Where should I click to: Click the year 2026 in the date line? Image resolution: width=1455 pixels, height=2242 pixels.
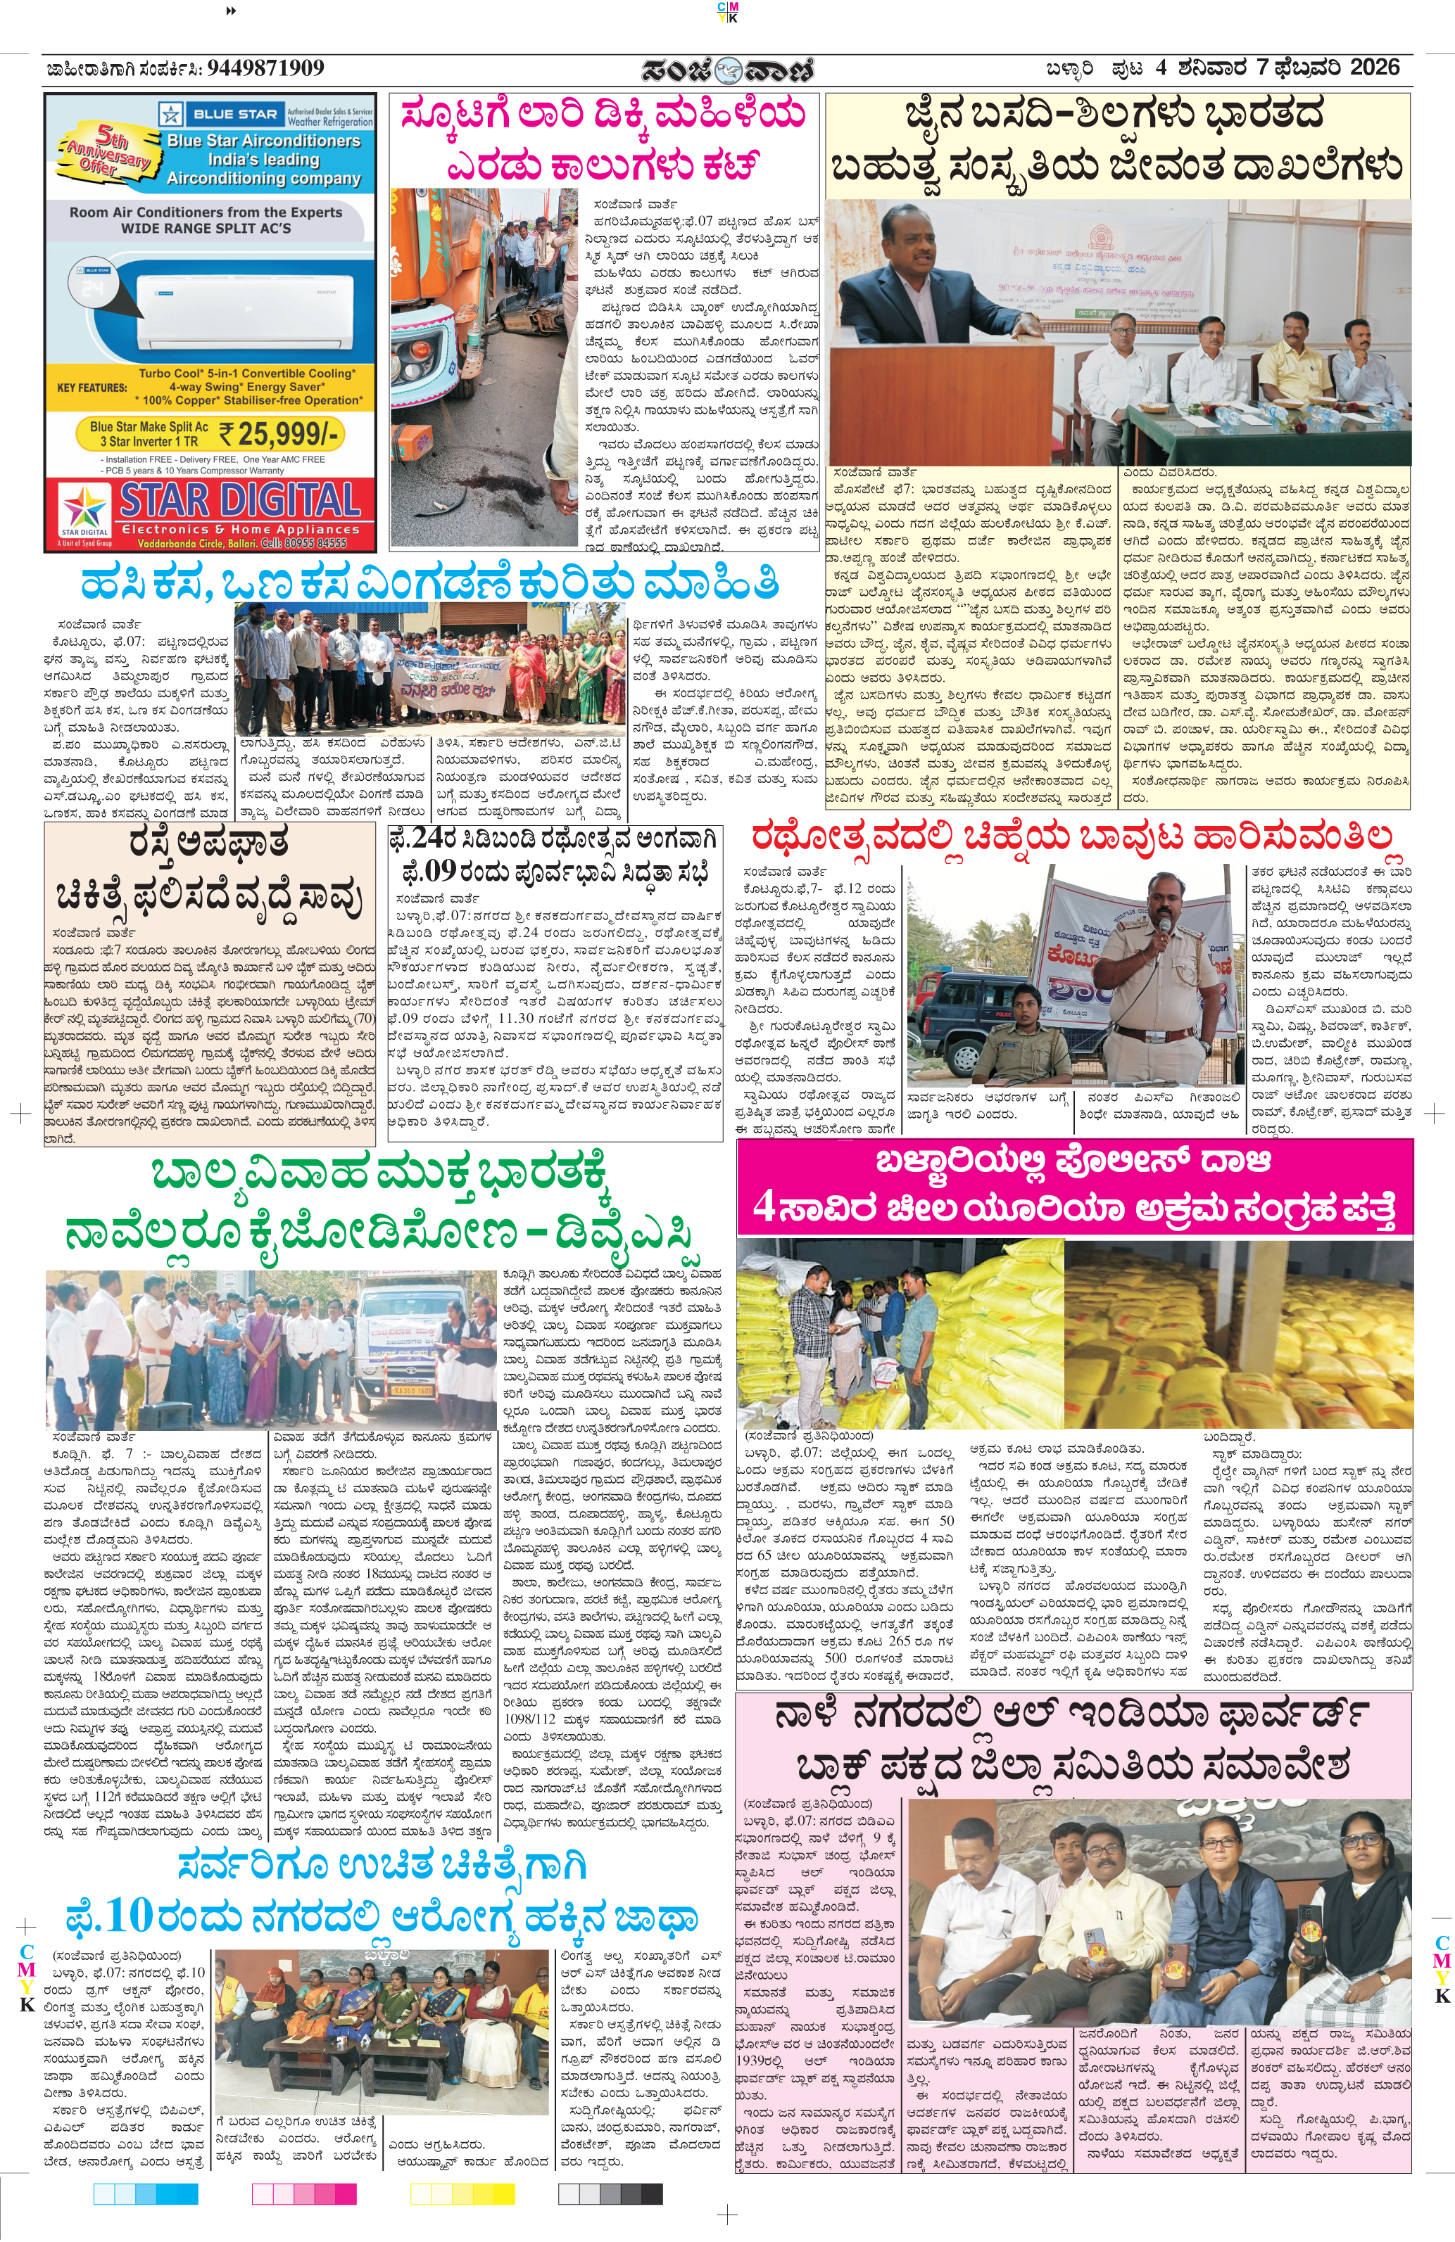point(1375,68)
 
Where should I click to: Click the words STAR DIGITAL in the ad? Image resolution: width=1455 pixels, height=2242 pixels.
point(239,500)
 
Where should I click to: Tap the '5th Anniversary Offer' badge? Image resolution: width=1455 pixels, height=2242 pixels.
point(108,149)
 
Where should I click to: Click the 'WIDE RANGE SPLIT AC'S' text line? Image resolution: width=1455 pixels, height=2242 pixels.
point(206,228)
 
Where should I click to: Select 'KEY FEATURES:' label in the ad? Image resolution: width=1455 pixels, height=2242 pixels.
point(92,387)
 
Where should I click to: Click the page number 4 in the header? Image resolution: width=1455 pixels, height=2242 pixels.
point(1161,68)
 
